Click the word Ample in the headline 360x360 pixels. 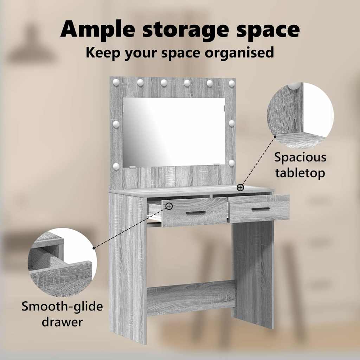tap(98, 30)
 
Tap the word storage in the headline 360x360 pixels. tap(186, 31)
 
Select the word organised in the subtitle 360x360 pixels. tap(239, 53)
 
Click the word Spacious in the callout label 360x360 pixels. tap(300, 157)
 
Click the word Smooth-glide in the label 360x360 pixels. tap(62, 307)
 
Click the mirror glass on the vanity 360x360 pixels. tap(174, 132)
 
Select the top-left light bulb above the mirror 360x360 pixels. tap(116, 82)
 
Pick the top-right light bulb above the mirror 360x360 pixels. tap(232, 83)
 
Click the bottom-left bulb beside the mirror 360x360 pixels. tap(116, 166)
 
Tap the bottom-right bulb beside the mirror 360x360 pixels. tap(231, 163)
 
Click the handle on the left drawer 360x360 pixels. tap(196, 213)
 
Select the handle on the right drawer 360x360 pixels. tap(261, 209)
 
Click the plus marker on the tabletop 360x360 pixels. tap(240, 188)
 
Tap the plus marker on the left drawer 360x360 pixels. tap(169, 206)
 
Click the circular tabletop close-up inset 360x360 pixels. tap(300, 115)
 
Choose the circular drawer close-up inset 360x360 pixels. tap(62, 262)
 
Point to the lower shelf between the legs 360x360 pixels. tap(191, 298)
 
